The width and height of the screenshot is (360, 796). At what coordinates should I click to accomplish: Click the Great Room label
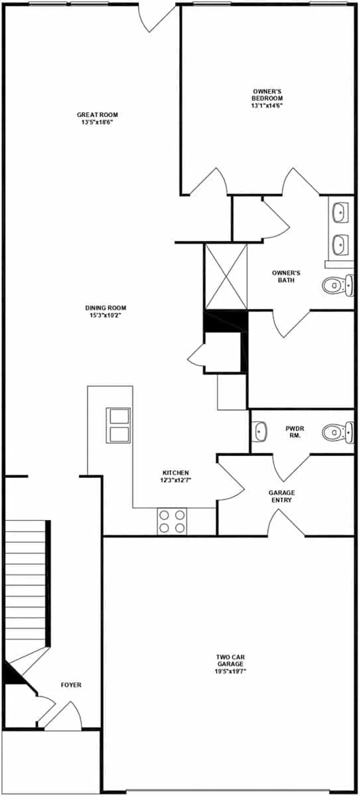(x=97, y=115)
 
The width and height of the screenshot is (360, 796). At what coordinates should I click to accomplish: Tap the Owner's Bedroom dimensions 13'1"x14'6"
(x=267, y=106)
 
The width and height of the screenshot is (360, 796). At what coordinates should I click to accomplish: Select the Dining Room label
(x=105, y=308)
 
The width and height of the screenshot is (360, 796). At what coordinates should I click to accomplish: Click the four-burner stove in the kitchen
(x=172, y=521)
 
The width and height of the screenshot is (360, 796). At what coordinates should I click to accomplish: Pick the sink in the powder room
(x=260, y=431)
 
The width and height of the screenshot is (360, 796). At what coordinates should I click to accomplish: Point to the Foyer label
(x=71, y=685)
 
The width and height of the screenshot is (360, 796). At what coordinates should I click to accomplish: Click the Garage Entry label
(x=281, y=496)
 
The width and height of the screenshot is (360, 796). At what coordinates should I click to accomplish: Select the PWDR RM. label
(x=295, y=432)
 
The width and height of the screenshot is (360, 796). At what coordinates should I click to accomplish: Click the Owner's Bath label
(x=286, y=276)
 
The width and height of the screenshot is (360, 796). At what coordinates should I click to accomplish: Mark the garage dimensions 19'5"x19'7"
(x=230, y=671)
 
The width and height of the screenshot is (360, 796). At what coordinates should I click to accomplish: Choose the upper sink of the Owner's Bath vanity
(x=340, y=212)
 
